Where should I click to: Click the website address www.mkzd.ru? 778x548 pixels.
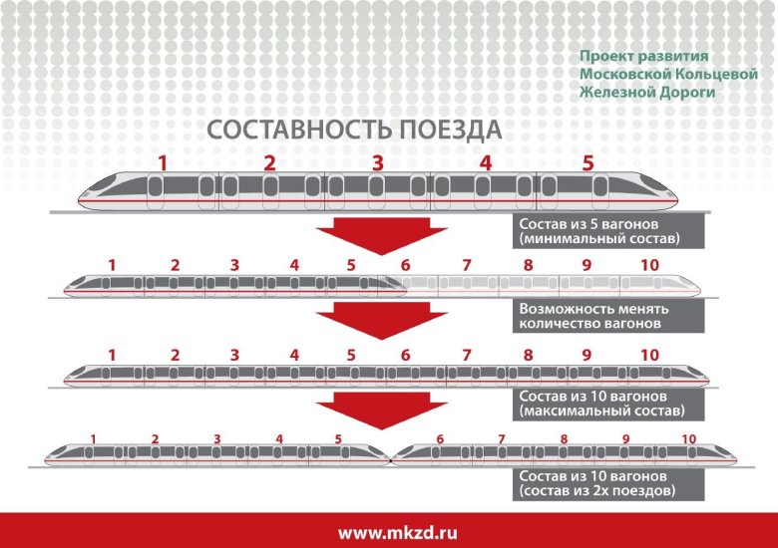tap(397, 533)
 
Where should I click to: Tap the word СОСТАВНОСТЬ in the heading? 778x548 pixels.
tap(300, 130)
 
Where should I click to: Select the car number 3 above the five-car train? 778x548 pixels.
tap(378, 163)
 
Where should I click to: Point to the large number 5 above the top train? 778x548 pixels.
tap(587, 163)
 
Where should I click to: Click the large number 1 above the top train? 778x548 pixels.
tap(163, 163)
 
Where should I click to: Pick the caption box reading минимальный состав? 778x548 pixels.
tap(608, 231)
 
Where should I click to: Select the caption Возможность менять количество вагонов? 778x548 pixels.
tap(608, 316)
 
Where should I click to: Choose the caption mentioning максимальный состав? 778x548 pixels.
tap(608, 404)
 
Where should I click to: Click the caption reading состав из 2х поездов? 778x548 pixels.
tap(608, 483)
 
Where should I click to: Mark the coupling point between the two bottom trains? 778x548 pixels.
tap(391, 461)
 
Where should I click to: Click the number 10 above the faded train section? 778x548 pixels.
tap(649, 266)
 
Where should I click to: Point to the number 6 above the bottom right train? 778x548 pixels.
tap(440, 439)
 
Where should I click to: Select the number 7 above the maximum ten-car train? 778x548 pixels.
tap(467, 356)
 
